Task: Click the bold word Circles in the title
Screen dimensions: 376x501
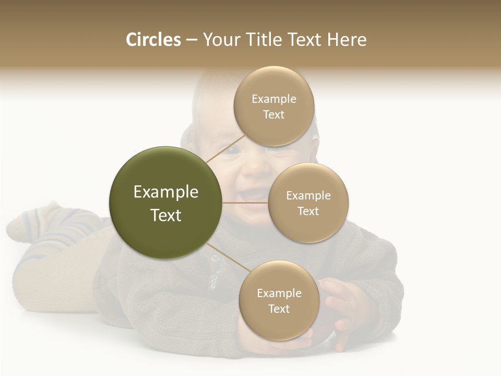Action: tap(153, 40)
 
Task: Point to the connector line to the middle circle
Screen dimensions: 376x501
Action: tap(245, 203)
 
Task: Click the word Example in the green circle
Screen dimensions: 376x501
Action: tap(166, 192)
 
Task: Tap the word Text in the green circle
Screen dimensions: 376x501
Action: tap(166, 215)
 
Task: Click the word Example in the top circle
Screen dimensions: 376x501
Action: tap(273, 99)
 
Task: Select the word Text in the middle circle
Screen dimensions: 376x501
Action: tap(308, 211)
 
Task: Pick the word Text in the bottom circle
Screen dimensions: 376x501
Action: tap(279, 309)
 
